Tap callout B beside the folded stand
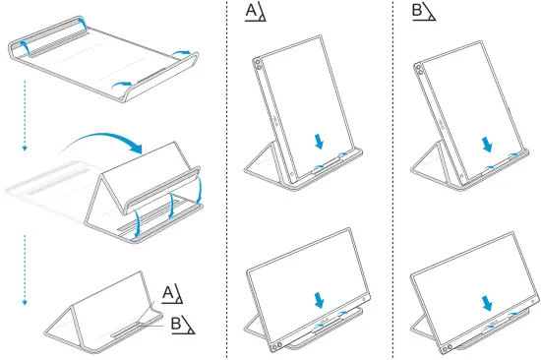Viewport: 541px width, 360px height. click(174, 321)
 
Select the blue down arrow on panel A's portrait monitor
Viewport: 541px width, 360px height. click(318, 143)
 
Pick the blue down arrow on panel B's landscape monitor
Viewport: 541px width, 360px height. click(486, 300)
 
